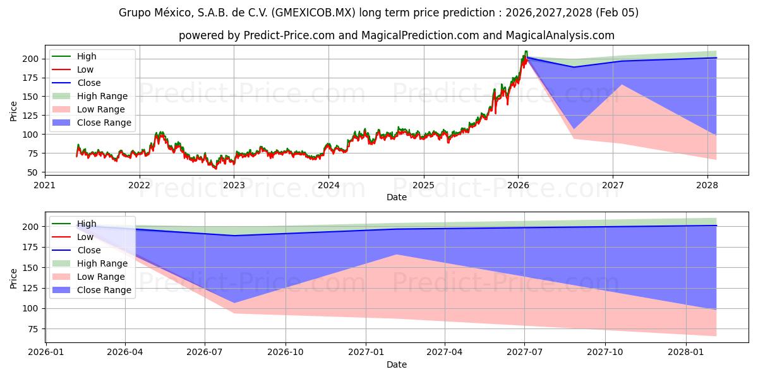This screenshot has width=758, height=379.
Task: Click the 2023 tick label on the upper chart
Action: tap(234, 185)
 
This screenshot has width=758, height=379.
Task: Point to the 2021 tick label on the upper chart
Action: tap(44, 185)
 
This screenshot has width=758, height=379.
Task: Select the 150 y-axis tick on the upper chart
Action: tap(32, 97)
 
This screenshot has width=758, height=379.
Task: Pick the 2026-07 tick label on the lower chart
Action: tap(205, 352)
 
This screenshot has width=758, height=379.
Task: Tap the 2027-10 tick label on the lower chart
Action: tap(605, 352)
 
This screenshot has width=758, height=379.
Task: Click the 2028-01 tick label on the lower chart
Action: tap(685, 352)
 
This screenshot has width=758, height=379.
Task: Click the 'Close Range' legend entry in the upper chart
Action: tap(104, 123)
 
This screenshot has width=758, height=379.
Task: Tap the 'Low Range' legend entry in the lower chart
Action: tap(101, 277)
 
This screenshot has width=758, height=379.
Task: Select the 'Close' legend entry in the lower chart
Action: tap(89, 250)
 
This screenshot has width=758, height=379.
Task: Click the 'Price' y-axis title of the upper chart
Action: tap(14, 111)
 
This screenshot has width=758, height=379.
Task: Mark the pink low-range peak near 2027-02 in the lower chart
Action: tap(397, 255)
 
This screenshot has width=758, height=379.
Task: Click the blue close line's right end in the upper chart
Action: tap(716, 58)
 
